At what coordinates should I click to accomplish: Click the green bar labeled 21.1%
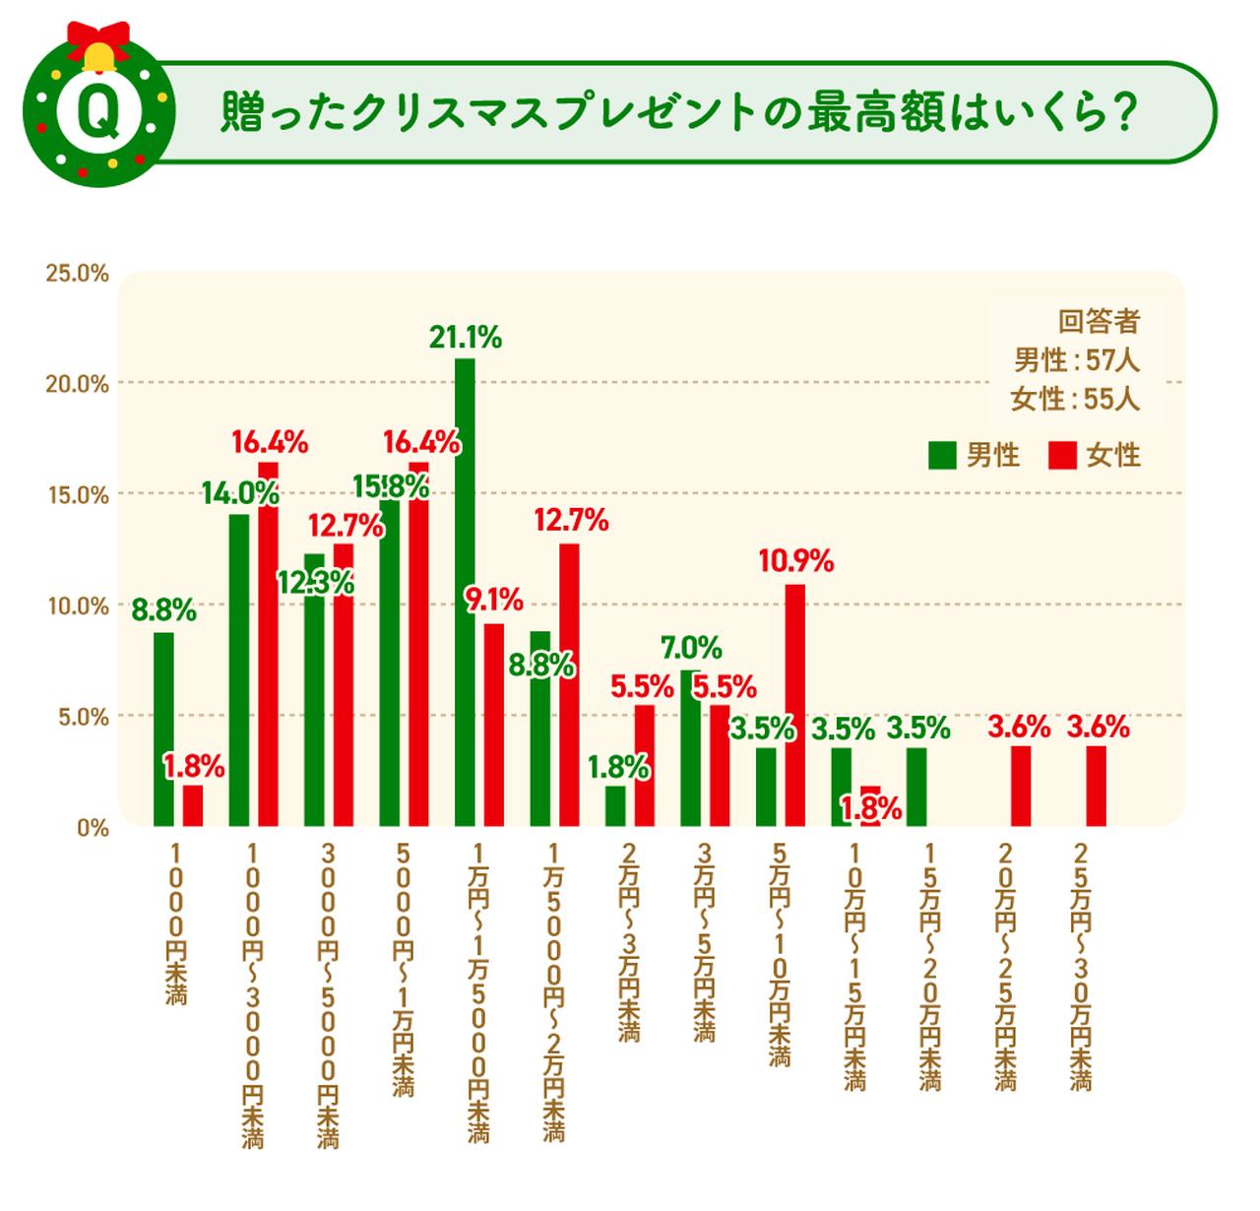coord(465,591)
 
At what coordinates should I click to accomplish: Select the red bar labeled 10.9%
coord(795,704)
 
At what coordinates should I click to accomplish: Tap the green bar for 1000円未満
coord(163,729)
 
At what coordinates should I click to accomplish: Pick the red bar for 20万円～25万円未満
coord(1021,786)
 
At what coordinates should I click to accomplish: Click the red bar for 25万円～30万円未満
coord(1096,786)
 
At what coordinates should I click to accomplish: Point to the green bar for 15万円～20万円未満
coord(916,786)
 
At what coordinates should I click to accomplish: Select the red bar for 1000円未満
coord(193,805)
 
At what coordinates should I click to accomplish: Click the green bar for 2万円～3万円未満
coord(615,805)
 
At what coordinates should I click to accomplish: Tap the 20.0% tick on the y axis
coord(77,384)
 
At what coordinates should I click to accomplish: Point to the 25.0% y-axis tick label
coord(77,274)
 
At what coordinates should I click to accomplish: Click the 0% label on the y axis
coord(93,828)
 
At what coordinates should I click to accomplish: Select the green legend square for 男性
coord(942,456)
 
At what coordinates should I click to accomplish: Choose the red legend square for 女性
coord(1062,456)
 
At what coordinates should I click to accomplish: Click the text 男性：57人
coord(1076,360)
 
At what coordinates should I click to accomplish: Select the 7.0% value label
coord(691,648)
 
